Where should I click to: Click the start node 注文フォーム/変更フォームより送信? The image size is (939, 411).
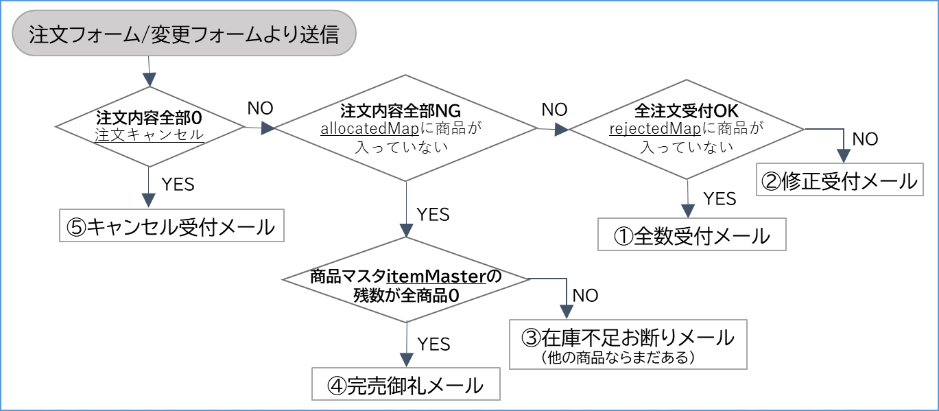pyautogui.click(x=184, y=33)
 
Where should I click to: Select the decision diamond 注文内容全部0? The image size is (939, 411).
pyautogui.click(x=150, y=126)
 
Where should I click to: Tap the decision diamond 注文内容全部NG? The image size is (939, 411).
pyautogui.click(x=405, y=128)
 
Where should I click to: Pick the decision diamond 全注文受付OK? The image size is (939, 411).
pyautogui.click(x=686, y=129)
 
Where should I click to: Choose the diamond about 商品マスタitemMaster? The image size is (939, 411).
pyautogui.click(x=406, y=280)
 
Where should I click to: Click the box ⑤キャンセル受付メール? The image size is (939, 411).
pyautogui.click(x=171, y=226)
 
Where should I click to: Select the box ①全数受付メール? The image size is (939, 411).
pyautogui.click(x=691, y=235)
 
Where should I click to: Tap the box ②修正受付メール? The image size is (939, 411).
pyautogui.click(x=840, y=180)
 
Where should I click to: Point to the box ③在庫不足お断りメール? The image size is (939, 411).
pyautogui.click(x=628, y=344)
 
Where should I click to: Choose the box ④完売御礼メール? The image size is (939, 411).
pyautogui.click(x=406, y=384)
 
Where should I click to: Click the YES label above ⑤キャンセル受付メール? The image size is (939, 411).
pyautogui.click(x=178, y=185)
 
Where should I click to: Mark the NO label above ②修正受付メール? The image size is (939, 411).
pyautogui.click(x=865, y=139)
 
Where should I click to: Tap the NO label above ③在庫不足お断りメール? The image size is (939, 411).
pyautogui.click(x=585, y=296)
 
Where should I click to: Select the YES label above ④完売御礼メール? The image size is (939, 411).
pyautogui.click(x=434, y=344)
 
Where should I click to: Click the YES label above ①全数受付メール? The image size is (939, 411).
pyautogui.click(x=720, y=199)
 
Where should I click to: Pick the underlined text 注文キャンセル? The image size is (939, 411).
pyautogui.click(x=150, y=135)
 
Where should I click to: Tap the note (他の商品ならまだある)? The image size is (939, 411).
pyautogui.click(x=618, y=357)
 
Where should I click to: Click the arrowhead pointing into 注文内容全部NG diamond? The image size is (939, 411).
pyautogui.click(x=268, y=128)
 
